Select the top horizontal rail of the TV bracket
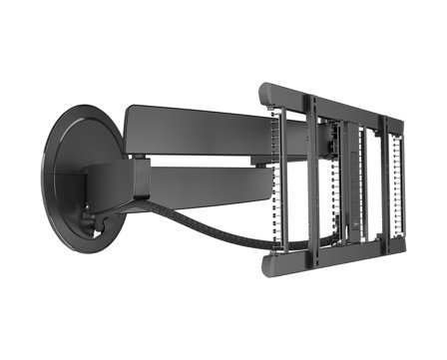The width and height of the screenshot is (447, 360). [x=329, y=100]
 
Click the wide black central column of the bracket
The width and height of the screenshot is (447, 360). [x=330, y=175]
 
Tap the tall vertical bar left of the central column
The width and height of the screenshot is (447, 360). [x=310, y=175]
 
